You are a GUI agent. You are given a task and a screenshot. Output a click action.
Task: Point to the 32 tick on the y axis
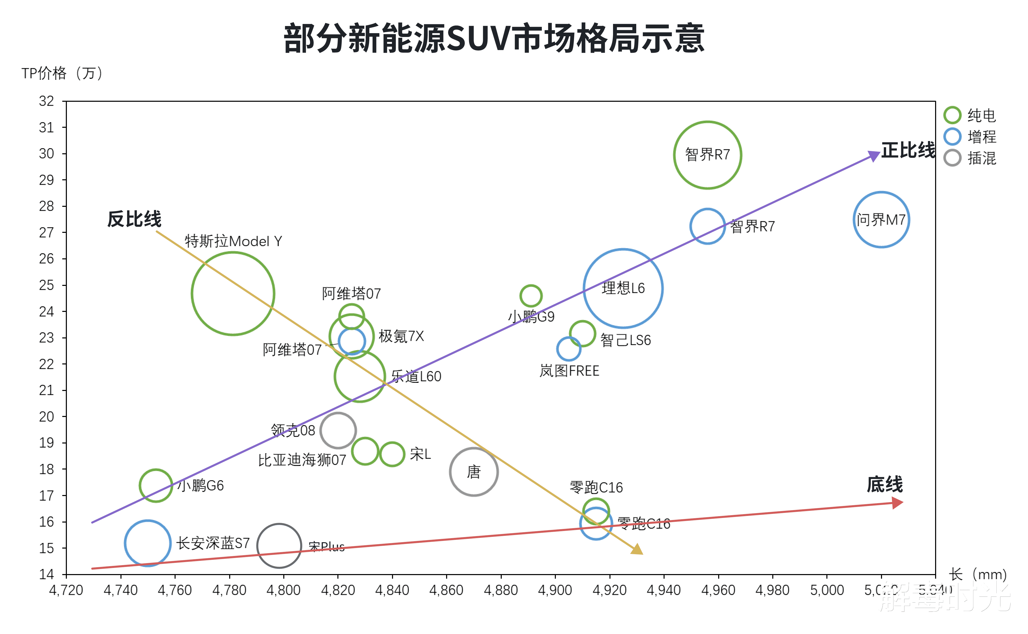46,101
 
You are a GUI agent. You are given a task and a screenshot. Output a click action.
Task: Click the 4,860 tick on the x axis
446,590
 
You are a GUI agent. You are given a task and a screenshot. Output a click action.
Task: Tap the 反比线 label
134,219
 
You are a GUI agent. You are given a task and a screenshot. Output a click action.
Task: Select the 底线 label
885,485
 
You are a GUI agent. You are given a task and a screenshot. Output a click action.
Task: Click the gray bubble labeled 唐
474,472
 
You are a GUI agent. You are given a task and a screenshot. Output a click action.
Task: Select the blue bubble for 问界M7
881,220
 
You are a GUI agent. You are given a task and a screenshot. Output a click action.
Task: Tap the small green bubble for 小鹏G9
531,296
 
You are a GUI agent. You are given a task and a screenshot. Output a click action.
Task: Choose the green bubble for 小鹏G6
156,486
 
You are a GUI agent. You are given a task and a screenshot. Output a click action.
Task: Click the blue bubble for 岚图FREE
569,348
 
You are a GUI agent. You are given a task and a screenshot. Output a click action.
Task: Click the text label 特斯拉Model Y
233,241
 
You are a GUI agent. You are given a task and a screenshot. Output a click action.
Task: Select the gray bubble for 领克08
338,430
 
